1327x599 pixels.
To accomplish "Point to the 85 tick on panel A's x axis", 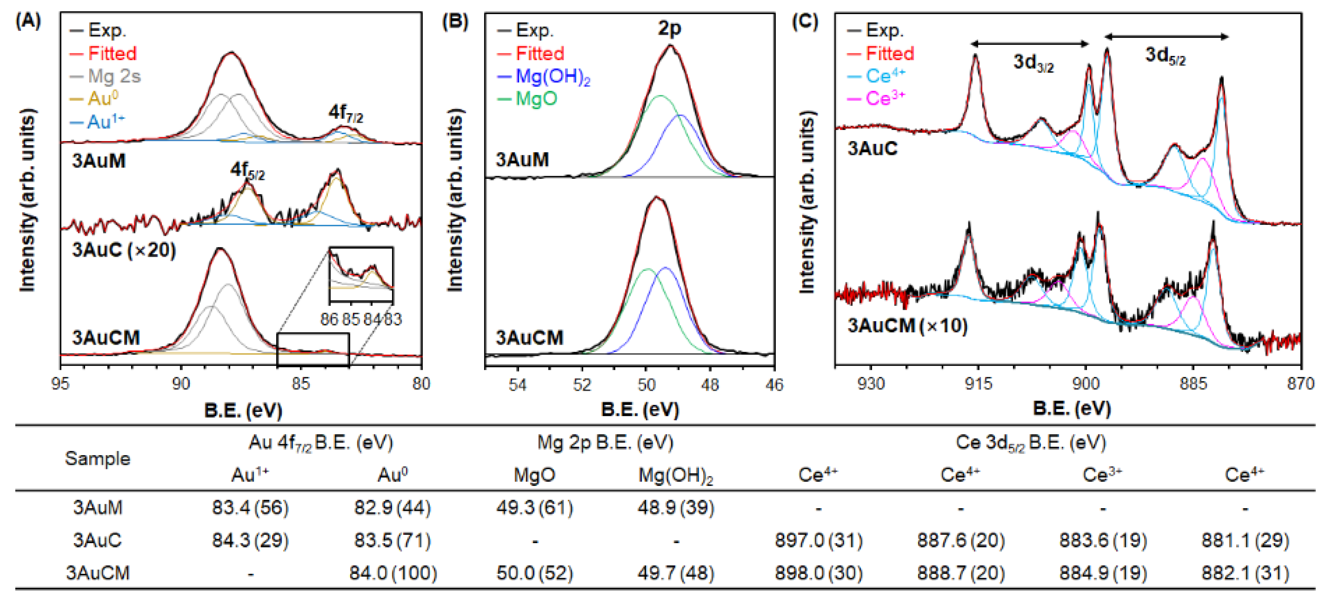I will point(301,383).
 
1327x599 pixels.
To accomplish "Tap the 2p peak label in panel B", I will point(669,28).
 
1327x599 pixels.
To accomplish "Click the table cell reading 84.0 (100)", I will point(393,573).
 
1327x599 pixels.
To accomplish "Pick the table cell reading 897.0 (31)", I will point(818,540).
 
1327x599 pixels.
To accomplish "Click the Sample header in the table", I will point(97,458).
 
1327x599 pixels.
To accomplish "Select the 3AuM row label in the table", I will point(97,508).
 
